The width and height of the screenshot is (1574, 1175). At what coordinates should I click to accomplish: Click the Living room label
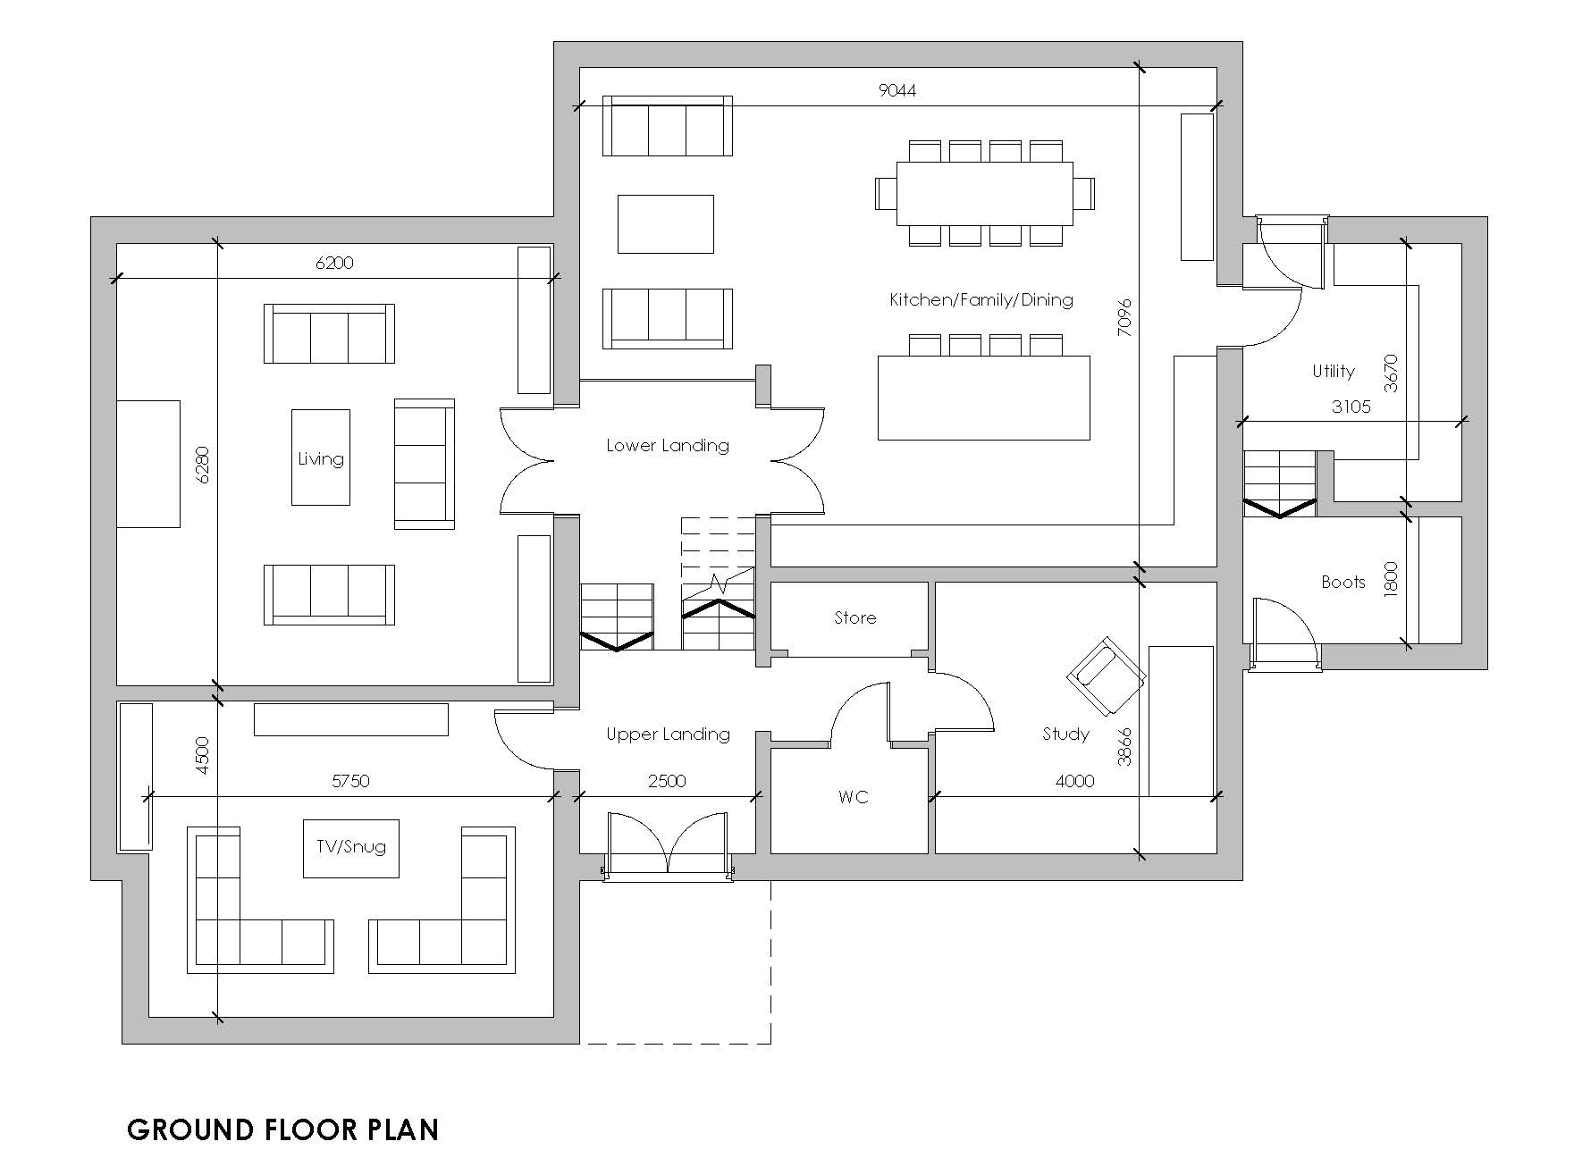pos(321,459)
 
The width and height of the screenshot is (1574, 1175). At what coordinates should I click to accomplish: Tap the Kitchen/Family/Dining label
pos(981,299)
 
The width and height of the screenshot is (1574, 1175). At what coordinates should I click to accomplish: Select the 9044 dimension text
pos(897,90)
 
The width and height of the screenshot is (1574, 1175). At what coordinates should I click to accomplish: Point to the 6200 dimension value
pos(335,263)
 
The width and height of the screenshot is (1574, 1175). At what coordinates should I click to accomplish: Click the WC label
pos(854,797)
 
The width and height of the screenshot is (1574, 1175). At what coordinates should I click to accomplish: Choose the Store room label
pos(855,617)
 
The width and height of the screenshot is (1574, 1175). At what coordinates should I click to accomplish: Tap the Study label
pos(1065,734)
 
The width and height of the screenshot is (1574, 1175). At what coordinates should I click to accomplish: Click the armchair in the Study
pos(1106,676)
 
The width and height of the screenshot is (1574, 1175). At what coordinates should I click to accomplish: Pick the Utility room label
pos(1334,371)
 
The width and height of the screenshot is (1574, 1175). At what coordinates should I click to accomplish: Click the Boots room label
pos(1343,583)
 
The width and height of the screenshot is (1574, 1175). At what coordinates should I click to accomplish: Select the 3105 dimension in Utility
pos(1351,407)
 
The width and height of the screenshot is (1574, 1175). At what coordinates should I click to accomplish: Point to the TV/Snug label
pos(351,846)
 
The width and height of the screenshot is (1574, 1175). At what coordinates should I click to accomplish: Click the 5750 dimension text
pos(350,781)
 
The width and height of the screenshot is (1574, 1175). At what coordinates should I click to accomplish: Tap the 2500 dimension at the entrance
pos(667,781)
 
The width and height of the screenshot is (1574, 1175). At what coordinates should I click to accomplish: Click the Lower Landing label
pos(668,445)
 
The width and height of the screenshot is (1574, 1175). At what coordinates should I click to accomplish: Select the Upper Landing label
pos(668,734)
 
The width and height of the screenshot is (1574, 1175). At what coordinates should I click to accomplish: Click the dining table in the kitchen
pos(985,193)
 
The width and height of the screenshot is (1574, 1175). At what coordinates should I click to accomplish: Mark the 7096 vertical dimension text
pos(1124,317)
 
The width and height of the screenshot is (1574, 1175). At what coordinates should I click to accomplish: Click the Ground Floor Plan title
pos(283,1130)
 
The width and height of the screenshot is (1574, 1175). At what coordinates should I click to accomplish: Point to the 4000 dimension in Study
pos(1074,781)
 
